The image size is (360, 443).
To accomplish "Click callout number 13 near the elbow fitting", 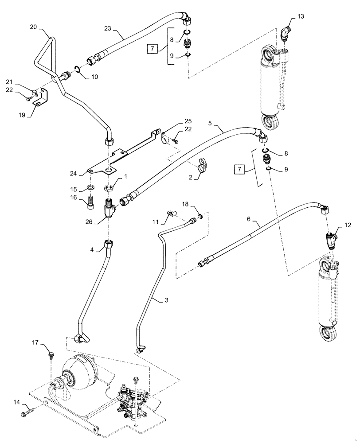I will [x=301, y=17].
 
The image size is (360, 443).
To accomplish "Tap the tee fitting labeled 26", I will [x=109, y=208].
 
